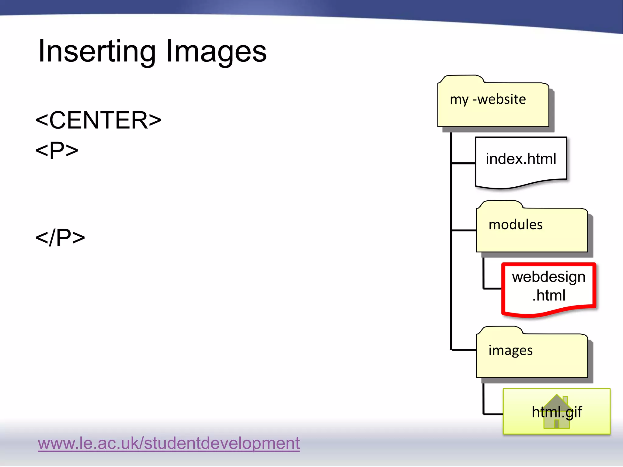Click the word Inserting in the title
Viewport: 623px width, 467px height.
tap(97, 52)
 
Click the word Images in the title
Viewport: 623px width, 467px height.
tap(216, 52)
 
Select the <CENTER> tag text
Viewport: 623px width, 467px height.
tap(98, 120)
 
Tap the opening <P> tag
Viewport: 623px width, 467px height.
tap(57, 150)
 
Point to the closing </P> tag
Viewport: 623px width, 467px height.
tap(60, 237)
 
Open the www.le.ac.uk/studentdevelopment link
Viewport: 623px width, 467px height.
tap(169, 443)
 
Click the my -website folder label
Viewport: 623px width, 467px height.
tap(488, 99)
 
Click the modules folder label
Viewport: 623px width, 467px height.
tap(515, 225)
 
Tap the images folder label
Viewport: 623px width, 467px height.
tap(510, 351)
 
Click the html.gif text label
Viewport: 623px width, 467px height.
tap(557, 412)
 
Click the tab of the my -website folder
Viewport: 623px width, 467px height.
tap(461, 79)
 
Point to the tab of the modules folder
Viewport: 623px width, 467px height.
tap(500, 204)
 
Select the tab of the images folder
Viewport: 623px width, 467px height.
tap(500, 330)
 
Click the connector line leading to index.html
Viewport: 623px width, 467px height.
tap(463, 163)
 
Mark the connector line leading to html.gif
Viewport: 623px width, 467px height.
tap(493, 414)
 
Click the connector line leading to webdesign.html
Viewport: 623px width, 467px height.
tap(492, 288)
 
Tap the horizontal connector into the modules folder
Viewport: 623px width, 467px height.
tap(464, 230)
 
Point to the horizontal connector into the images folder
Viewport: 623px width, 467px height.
tap(464, 350)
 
